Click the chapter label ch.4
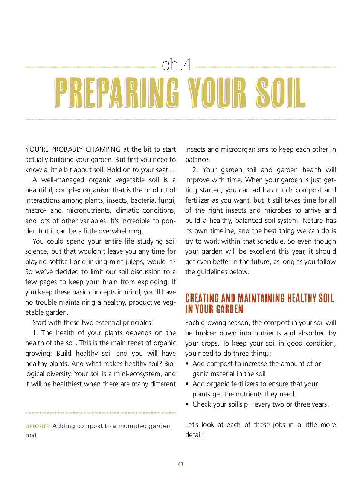(177, 65)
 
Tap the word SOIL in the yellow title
(280, 93)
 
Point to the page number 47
(180, 464)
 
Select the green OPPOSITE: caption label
(38, 426)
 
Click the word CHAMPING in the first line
(104, 149)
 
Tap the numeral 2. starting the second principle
(195, 170)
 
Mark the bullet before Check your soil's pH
(187, 404)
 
